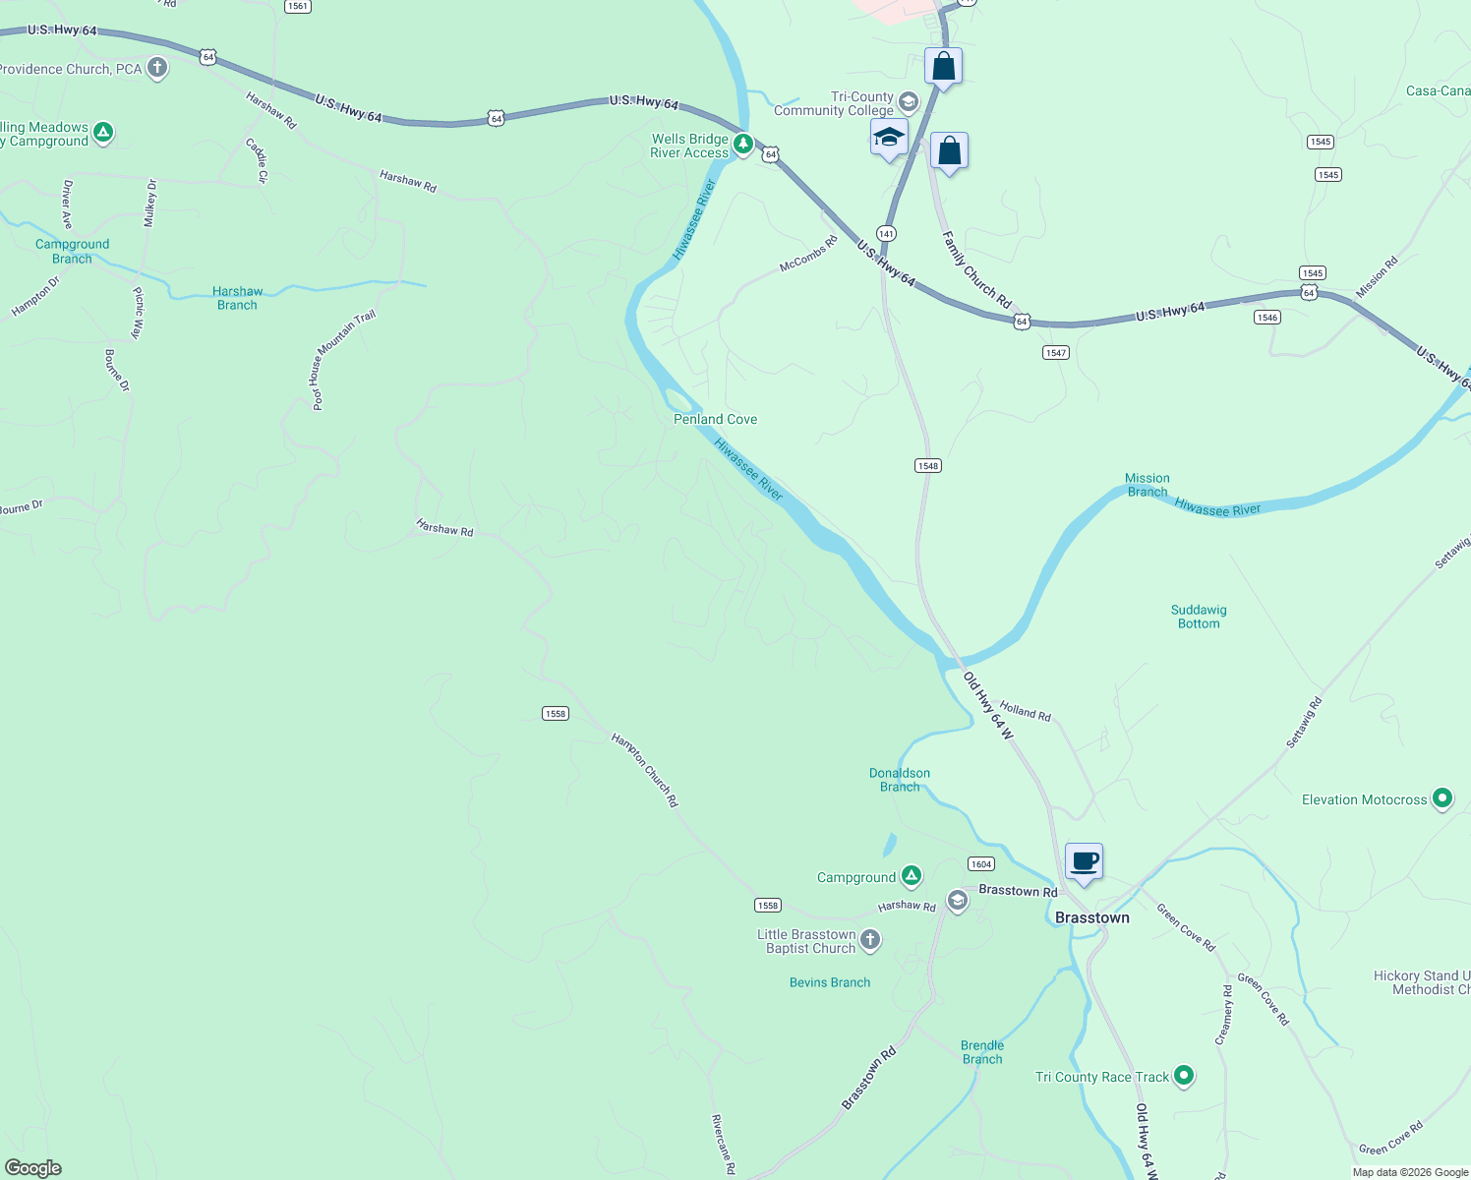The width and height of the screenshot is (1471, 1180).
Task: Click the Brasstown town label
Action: [x=1091, y=917]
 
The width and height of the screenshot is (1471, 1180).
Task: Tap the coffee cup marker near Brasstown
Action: [x=1084, y=862]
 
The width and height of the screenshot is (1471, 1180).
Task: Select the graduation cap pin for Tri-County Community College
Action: [x=889, y=138]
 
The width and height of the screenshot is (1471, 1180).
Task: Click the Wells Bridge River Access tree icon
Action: [x=743, y=145]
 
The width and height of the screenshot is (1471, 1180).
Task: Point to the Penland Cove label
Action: [x=715, y=419]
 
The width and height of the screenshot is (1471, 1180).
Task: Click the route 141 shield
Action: [x=886, y=233]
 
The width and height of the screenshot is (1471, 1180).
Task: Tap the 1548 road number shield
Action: [x=927, y=465]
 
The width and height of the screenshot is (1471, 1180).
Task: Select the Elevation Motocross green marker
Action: [x=1442, y=798]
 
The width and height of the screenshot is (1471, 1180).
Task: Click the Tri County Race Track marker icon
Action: [x=1184, y=1076]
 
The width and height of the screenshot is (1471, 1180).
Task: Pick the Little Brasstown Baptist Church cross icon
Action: [x=870, y=940]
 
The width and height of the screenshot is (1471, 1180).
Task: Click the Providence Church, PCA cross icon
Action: [x=156, y=68]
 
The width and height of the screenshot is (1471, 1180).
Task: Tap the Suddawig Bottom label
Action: [x=1199, y=617]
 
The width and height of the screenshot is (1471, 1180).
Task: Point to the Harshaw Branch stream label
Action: [x=237, y=298]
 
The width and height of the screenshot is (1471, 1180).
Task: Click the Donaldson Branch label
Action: [x=900, y=780]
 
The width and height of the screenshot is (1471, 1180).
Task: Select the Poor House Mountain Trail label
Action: [x=343, y=359]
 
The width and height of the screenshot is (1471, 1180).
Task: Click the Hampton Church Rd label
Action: [x=645, y=770]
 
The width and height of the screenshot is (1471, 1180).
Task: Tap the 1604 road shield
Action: [x=980, y=863]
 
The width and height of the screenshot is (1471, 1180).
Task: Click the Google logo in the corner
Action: [x=33, y=1167]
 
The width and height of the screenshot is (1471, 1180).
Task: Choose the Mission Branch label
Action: [x=1147, y=485]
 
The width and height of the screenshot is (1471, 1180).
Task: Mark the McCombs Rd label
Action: [x=808, y=254]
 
